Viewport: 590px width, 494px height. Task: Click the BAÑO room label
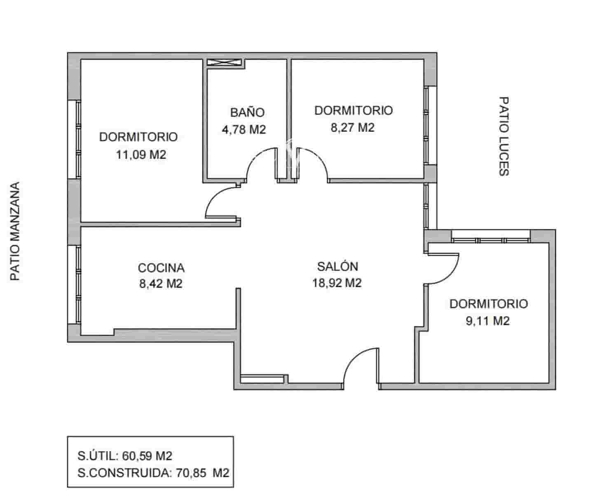click(x=247, y=112)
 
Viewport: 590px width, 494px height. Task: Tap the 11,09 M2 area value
click(x=141, y=155)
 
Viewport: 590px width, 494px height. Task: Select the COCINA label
click(x=161, y=268)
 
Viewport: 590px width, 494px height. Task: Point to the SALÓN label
click(x=337, y=266)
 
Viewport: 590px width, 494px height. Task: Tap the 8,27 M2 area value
click(x=353, y=127)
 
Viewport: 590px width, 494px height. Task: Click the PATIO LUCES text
click(x=503, y=136)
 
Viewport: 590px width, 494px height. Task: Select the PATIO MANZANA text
click(x=15, y=231)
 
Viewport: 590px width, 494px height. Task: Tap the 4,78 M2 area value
click(x=244, y=129)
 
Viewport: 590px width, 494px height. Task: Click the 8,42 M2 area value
click(x=161, y=284)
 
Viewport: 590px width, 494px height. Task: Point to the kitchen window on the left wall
click(x=77, y=284)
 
